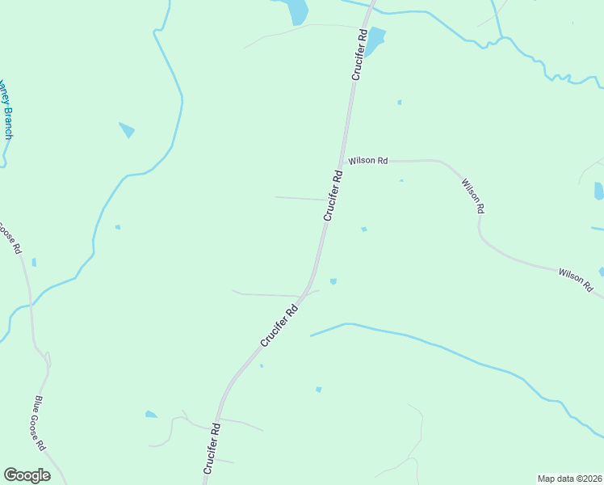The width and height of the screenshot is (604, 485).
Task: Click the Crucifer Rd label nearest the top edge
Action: [359, 54]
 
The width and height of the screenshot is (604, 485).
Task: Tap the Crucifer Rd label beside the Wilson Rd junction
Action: [333, 195]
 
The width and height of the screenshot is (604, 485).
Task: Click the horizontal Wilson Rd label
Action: [368, 161]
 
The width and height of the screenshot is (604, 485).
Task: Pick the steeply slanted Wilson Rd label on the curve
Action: [473, 196]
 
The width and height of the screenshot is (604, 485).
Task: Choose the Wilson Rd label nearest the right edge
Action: [576, 280]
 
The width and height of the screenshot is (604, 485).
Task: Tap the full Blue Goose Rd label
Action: [40, 424]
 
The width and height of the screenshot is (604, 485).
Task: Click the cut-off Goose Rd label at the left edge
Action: [10, 238]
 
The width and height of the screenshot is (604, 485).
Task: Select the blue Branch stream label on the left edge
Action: [6, 108]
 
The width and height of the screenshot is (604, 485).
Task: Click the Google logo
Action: [27, 475]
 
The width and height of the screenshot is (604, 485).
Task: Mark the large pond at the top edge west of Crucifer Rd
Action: [296, 11]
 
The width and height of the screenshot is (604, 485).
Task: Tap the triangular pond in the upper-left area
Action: [127, 129]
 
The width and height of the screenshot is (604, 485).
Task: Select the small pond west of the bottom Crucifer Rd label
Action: [151, 415]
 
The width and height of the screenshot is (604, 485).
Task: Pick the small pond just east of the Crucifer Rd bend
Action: [333, 281]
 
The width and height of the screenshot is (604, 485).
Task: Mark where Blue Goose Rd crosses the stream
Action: [31, 305]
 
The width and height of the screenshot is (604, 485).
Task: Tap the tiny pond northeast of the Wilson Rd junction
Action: [399, 103]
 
